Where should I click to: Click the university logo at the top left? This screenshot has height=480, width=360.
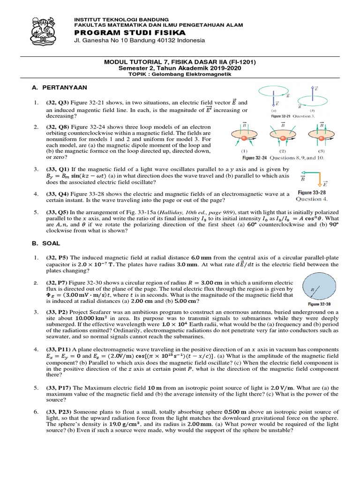tap(46, 30)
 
